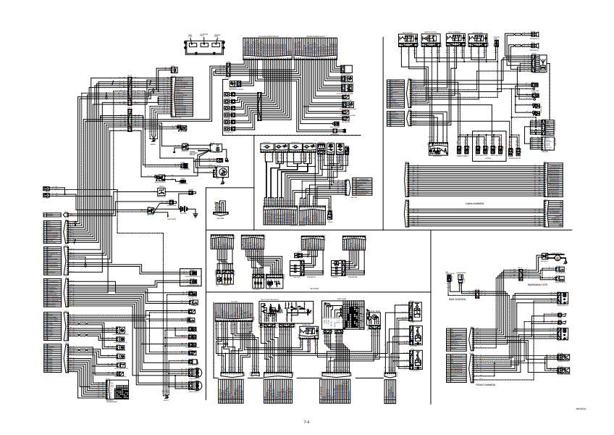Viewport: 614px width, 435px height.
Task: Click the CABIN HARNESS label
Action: click(x=474, y=204)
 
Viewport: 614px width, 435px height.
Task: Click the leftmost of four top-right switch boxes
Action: click(x=407, y=39)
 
